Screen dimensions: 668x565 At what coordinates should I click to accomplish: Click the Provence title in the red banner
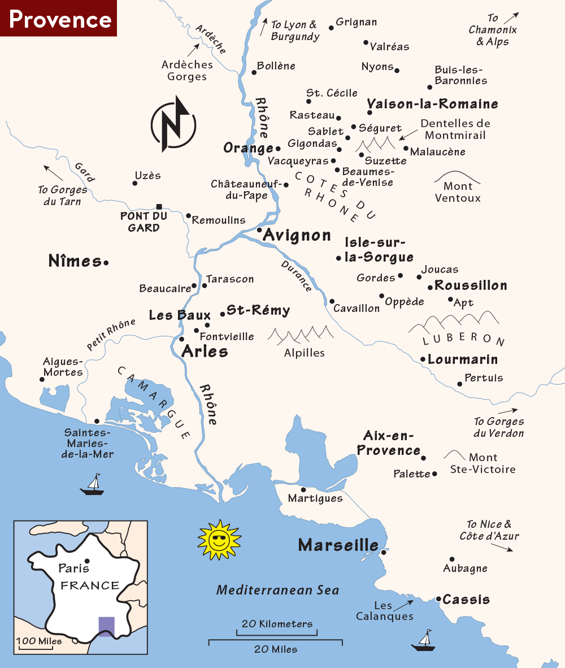point(60,19)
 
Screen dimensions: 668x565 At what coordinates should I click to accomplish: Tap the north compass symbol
point(173,124)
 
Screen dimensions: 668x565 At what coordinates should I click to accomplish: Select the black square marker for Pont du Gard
point(159,207)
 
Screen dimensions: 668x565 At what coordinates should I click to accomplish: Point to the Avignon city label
point(297,235)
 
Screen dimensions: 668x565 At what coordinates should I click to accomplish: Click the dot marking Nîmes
point(106,262)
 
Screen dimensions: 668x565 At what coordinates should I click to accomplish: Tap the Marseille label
point(338,545)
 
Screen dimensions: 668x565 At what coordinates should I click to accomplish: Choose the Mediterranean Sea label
point(278,590)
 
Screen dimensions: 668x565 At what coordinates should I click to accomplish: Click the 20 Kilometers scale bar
point(277,631)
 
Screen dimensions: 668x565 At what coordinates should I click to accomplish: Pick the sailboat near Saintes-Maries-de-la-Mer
point(92,485)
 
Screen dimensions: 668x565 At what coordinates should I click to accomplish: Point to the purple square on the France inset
point(106,626)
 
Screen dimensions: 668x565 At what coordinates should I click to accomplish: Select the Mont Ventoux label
point(458,192)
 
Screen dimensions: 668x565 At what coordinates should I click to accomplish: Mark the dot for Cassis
point(438,598)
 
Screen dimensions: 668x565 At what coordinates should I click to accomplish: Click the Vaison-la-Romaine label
point(433,104)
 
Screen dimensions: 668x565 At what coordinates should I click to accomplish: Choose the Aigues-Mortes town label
point(63,367)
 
